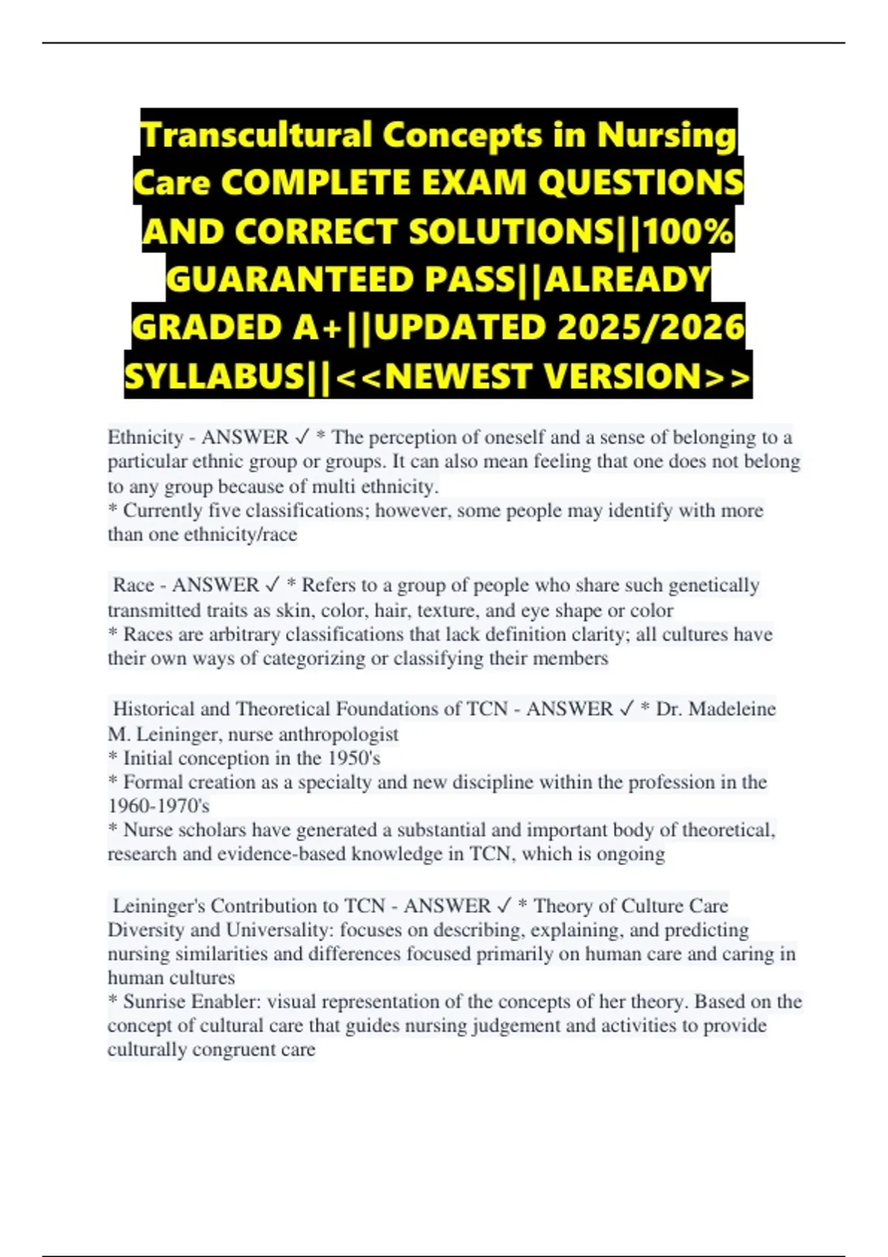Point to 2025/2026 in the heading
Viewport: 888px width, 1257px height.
point(650,328)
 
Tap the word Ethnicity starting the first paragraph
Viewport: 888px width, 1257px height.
point(145,437)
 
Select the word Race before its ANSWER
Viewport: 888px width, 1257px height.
point(133,585)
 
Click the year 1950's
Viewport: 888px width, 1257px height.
point(353,758)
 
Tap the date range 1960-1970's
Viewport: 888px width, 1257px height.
point(158,805)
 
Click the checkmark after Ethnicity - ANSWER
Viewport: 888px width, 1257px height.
point(302,437)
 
